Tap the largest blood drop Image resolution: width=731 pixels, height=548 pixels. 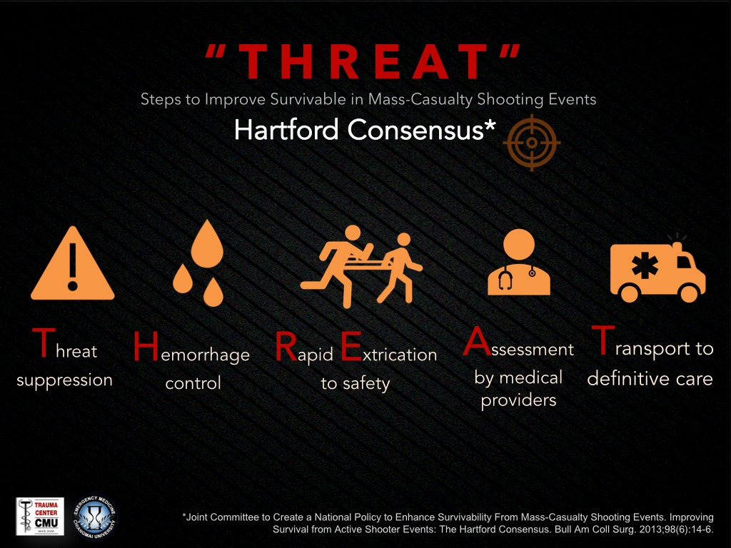tap(207, 244)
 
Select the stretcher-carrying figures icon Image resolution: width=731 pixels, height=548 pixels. tap(361, 266)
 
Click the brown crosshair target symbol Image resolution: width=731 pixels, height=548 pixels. tap(532, 143)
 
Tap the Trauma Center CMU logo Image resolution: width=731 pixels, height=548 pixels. tap(40, 517)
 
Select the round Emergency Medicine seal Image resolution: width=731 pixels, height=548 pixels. tap(95, 517)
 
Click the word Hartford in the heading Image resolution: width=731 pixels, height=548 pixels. tap(286, 130)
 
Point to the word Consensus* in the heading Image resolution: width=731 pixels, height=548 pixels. tap(421, 130)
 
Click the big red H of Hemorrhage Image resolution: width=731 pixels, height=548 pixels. tap(146, 347)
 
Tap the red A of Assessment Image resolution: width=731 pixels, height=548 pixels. tap(477, 341)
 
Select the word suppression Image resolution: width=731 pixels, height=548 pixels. tap(64, 380)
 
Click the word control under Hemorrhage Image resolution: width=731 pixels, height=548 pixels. tap(193, 383)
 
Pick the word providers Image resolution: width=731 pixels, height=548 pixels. tap(518, 400)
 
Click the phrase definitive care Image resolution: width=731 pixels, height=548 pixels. tap(650, 378)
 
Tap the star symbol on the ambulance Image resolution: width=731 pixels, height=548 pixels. tap(645, 266)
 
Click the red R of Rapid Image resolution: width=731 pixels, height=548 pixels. tap(286, 347)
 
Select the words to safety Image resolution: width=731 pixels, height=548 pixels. tap(356, 383)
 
